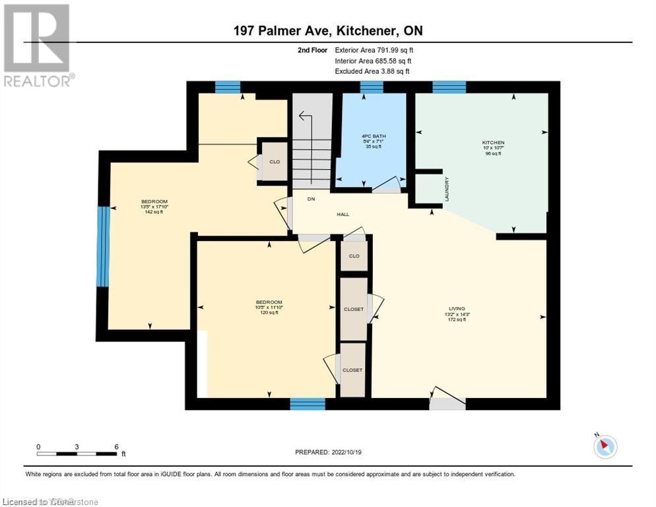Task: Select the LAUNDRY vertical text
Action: coord(447,189)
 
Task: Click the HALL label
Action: coord(343,214)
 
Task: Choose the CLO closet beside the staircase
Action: coord(274,162)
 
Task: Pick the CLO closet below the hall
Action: coord(354,255)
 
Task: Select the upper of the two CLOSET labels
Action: coord(353,309)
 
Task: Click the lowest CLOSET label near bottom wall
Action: coord(352,370)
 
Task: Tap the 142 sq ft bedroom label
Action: coord(154,207)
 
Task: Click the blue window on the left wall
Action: coord(102,246)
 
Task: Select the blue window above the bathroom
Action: coord(372,86)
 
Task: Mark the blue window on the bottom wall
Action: coord(308,403)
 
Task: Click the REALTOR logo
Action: coord(38,44)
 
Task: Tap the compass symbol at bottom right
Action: coord(605,447)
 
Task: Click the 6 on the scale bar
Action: coord(116,446)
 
